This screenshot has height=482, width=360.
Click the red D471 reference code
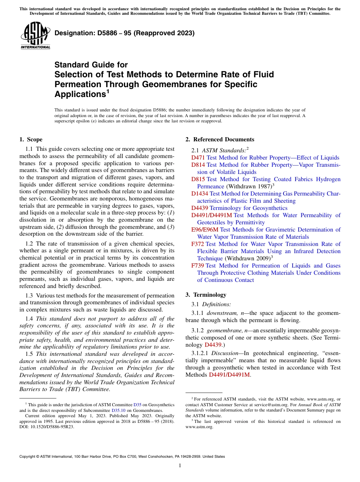point(198,158)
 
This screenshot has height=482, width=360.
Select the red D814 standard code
point(198,165)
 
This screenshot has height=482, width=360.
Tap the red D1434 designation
point(200,194)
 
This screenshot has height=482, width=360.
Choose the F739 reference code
point(198,266)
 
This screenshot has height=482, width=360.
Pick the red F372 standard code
point(198,244)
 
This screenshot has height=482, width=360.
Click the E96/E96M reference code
point(205,230)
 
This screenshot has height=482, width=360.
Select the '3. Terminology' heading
point(210,295)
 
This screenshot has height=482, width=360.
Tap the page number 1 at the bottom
point(180,466)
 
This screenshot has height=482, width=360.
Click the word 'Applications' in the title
point(79,94)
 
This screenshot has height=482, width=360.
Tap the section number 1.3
point(29,295)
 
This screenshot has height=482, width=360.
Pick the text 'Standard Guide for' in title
point(91,65)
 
